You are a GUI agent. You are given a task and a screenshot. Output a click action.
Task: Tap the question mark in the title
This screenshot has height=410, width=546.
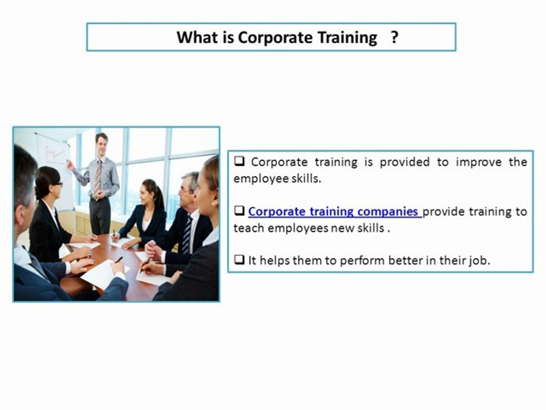[x=394, y=38]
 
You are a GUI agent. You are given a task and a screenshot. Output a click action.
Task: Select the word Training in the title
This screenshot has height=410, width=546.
[x=348, y=38]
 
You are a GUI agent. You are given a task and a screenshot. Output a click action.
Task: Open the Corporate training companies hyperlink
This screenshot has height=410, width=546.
[x=334, y=212]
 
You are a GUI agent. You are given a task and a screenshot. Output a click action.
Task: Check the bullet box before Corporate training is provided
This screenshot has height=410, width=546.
[x=239, y=162]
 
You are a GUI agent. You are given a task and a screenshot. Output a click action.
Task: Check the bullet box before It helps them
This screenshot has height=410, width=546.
[x=239, y=261]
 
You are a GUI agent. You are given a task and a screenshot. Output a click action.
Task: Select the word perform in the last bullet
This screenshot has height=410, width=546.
[x=364, y=261]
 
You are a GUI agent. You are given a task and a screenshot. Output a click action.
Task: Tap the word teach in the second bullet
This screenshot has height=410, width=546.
[x=246, y=228]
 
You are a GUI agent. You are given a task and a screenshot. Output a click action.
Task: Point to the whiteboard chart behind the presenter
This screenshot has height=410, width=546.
[x=54, y=154]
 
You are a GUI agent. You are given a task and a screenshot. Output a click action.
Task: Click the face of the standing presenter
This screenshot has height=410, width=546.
[x=101, y=142]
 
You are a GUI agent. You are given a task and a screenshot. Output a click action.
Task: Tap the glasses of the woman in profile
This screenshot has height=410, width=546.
[x=57, y=183]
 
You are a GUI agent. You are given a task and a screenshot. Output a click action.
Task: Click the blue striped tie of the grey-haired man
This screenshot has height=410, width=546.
[x=187, y=233]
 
